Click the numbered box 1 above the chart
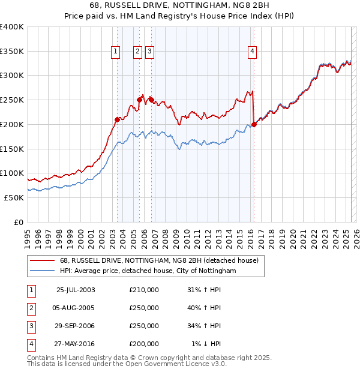[115, 52]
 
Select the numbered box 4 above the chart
[253, 52]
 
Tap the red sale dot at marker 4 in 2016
[254, 124]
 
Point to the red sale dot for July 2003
[118, 119]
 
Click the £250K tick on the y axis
[12, 100]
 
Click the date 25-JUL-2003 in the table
[76, 290]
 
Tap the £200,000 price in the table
[144, 344]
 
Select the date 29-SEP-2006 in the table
[76, 326]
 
